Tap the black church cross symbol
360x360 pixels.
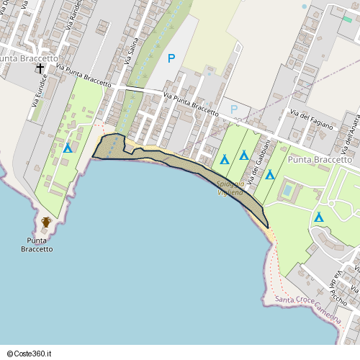click(x=40, y=69)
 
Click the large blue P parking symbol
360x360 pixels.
click(x=171, y=58)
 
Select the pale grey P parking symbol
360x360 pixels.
click(x=233, y=109)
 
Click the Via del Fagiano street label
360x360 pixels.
click(x=311, y=120)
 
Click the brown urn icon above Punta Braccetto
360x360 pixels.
click(x=46, y=222)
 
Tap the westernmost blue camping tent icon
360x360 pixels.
click(x=68, y=148)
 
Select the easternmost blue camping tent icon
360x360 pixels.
click(x=318, y=216)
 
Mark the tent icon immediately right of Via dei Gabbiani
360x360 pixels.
click(x=270, y=174)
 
